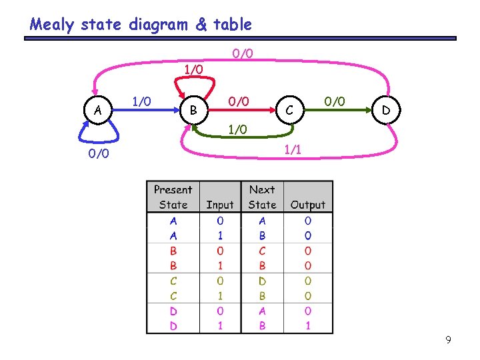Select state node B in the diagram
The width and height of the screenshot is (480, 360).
click(193, 109)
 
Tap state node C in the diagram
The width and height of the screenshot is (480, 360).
click(288, 109)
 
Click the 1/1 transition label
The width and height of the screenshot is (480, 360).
click(292, 150)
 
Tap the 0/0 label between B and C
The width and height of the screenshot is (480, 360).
click(238, 101)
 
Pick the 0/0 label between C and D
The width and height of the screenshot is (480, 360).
click(334, 101)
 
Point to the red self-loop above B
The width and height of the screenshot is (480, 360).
click(193, 83)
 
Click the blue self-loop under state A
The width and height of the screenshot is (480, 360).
click(98, 137)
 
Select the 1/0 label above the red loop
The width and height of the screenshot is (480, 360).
click(193, 69)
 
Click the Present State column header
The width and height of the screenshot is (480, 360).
click(173, 197)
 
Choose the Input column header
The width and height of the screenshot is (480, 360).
click(220, 205)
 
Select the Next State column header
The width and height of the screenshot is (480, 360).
click(262, 197)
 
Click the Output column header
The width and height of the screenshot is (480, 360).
click(308, 205)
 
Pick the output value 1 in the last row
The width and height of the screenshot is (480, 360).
click(308, 326)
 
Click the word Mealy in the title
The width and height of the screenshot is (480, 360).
click(52, 25)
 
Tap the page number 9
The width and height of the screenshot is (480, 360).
click(448, 341)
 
